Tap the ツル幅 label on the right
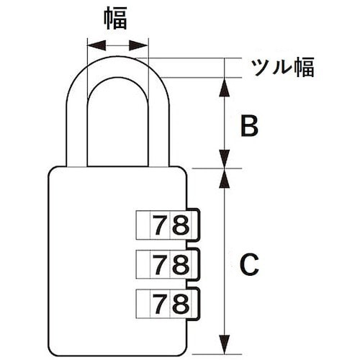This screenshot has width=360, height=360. click(x=282, y=67)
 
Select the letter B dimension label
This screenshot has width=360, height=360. click(x=249, y=125)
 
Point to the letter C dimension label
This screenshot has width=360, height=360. click(x=249, y=264)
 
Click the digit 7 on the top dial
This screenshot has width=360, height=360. click(x=160, y=225)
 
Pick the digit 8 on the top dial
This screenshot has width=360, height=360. click(x=181, y=225)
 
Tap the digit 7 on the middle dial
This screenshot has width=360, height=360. click(x=160, y=264)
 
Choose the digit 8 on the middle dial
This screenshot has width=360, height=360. click(x=181, y=264)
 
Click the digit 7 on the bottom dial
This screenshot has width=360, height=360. click(x=160, y=304)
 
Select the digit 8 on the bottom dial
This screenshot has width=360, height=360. click(x=181, y=304)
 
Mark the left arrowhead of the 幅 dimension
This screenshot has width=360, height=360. click(x=96, y=45)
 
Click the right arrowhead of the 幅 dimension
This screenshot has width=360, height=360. click(x=138, y=45)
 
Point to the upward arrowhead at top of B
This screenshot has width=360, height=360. click(x=225, y=87)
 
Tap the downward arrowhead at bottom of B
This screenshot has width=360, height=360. click(x=225, y=159)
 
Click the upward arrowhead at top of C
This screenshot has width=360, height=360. click(x=225, y=179)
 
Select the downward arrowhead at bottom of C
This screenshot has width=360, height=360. click(x=225, y=344)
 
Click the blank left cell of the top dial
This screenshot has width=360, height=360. click(x=143, y=225)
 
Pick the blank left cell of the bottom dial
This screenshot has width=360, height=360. click(x=143, y=304)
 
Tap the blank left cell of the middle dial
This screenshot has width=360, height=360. click(x=143, y=264)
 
